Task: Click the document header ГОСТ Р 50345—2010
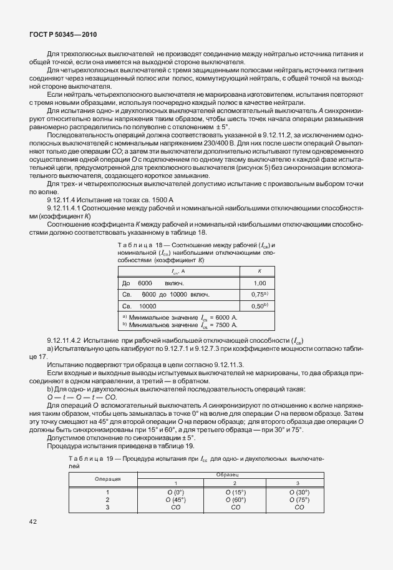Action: [x=62, y=36]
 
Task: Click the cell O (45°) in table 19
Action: [x=175, y=499]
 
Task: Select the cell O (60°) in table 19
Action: [x=236, y=499]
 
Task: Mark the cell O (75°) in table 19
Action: [x=299, y=499]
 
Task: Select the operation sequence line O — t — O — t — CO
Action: [x=82, y=398]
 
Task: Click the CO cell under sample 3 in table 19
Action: [x=299, y=508]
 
